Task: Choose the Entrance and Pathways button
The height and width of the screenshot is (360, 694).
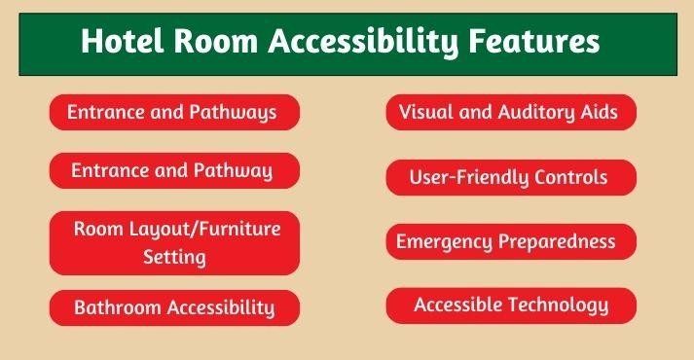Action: pyautogui.click(x=173, y=113)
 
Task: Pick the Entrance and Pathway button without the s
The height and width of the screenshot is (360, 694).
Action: pyautogui.click(x=173, y=171)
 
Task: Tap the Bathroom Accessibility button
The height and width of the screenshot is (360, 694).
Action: pyautogui.click(x=173, y=307)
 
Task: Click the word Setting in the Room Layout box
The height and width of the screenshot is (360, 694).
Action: pyautogui.click(x=174, y=258)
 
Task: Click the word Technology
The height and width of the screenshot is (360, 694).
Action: pyautogui.click(x=560, y=306)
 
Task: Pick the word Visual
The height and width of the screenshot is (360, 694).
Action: pyautogui.click(x=425, y=113)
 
